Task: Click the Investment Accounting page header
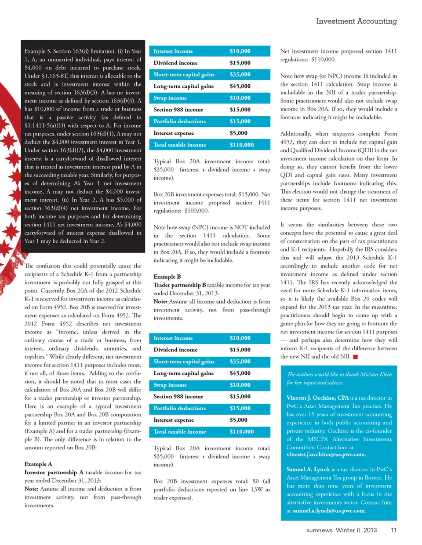[356, 21]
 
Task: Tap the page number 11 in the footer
[393, 530]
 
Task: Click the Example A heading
[38, 464]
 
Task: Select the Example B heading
[167, 276]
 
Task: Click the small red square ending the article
[356, 357]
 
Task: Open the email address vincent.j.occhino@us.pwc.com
[325, 454]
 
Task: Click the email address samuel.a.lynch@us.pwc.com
[328, 510]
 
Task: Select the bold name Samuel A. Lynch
[308, 469]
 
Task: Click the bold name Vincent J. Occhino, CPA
[317, 398]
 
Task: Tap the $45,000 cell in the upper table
[240, 86]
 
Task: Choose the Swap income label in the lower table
[170, 385]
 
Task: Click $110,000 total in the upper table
[241, 145]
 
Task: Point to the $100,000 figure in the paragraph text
[196, 211]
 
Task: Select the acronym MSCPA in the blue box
[317, 439]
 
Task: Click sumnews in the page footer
[319, 530]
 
